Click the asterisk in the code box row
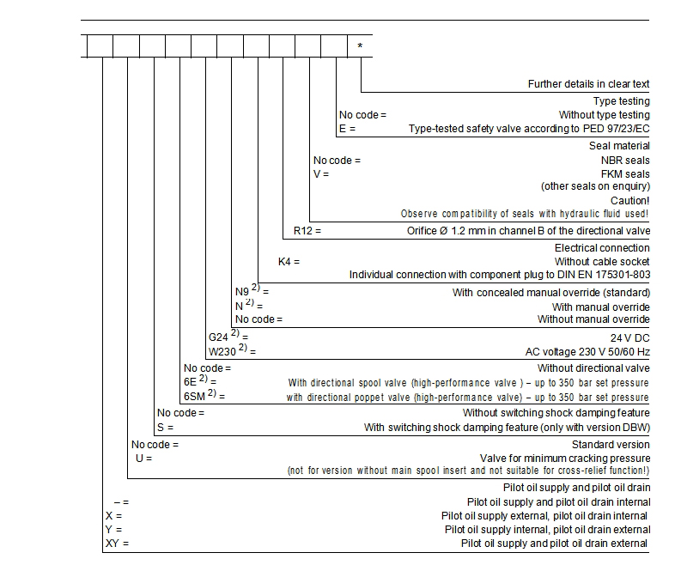coord(359,45)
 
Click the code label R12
coord(303,231)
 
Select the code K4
coord(286,261)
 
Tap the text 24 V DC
coord(629,337)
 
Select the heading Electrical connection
coord(602,247)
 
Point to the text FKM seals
coord(625,173)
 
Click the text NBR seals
coord(625,160)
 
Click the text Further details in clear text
coord(588,84)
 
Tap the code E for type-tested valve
coord(344,129)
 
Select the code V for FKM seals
coord(318,173)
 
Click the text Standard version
coord(611,445)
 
